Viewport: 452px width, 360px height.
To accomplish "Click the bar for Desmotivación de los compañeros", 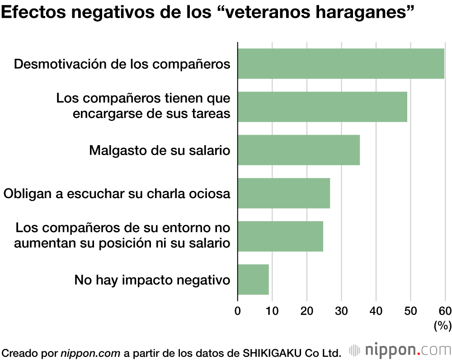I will coord(341,64).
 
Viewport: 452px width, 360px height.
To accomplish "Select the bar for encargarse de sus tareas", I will coord(322,107).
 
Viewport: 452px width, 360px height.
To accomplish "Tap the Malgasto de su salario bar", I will coord(299,150).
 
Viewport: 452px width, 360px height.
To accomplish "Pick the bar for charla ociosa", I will coord(284,193).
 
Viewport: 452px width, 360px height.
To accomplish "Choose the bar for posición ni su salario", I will coord(280,236).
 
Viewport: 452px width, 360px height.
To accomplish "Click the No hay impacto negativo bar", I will coord(253,279).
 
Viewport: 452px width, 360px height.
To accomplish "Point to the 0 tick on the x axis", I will coord(238,311).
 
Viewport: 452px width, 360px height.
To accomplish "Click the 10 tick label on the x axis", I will coord(272,311).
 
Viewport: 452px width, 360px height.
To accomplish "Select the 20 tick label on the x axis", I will coord(307,311).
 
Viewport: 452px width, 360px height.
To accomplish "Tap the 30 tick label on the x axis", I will coord(341,311).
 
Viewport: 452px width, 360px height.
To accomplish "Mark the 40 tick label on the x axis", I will coord(376,311).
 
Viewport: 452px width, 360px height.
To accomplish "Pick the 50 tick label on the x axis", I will coord(410,311).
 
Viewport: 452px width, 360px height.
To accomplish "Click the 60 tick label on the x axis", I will coord(445,311).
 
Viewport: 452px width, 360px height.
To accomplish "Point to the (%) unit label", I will coord(442,325).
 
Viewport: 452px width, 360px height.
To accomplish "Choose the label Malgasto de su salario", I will coord(160,150).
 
